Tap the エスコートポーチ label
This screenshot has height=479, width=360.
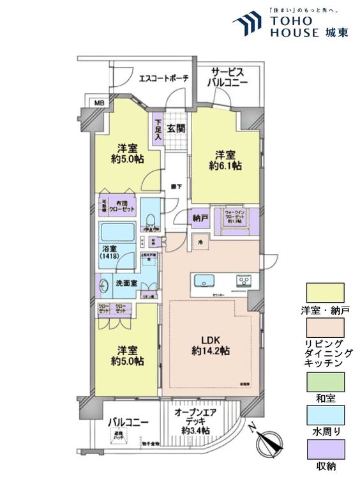click(163, 79)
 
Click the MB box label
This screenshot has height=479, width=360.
click(99, 102)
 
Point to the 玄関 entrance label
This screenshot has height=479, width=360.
click(176, 128)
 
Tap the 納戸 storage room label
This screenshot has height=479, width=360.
click(200, 218)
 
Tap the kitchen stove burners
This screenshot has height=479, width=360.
click(245, 280)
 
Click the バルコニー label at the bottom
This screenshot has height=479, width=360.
click(128, 422)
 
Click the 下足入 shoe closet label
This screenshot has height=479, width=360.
click(158, 130)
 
